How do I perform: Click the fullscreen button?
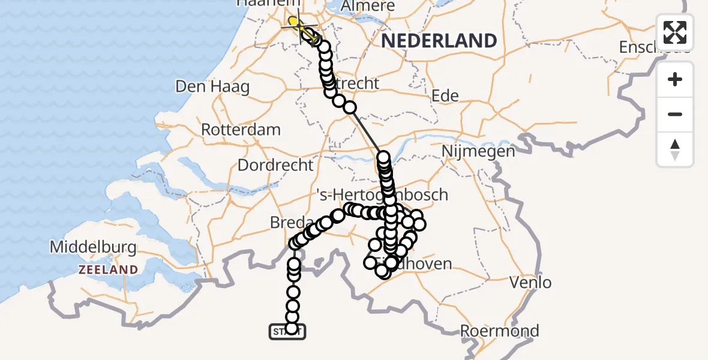(x=675, y=32)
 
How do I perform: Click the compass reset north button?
(x=675, y=149)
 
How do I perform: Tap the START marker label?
(x=288, y=332)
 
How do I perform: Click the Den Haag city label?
(x=212, y=86)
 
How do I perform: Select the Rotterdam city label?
(x=241, y=130)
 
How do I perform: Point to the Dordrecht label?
(x=275, y=164)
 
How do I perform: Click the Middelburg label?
(x=93, y=247)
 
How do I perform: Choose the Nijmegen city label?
(x=478, y=151)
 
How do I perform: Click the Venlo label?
(x=530, y=281)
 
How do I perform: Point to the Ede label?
(x=445, y=95)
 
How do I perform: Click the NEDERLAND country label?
(x=440, y=41)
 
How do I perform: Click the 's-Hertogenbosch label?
(x=382, y=194)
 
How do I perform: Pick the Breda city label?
(x=288, y=223)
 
